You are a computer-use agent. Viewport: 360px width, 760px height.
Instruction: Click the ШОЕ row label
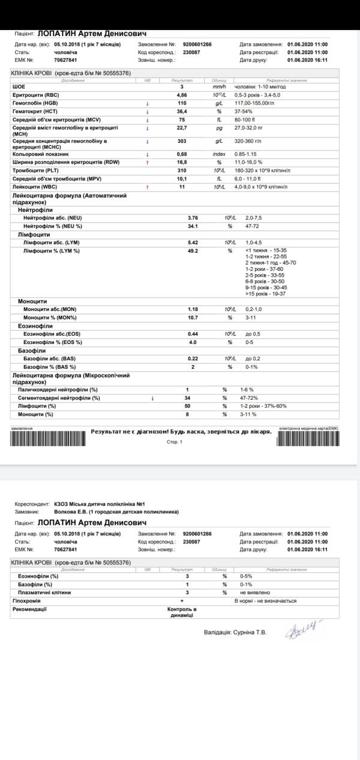(x=19, y=87)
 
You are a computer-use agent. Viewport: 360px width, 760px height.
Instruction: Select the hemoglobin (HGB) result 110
(x=182, y=103)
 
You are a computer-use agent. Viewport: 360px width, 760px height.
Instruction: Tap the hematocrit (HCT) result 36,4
(x=182, y=111)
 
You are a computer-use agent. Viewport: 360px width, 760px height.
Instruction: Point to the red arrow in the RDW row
(x=148, y=162)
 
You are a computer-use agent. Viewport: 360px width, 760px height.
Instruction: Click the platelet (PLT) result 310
(x=182, y=170)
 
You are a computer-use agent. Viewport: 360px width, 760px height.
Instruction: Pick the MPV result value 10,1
(x=182, y=178)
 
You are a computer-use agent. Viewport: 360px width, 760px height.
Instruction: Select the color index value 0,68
(x=182, y=154)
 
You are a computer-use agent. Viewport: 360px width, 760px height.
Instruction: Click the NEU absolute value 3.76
(x=193, y=217)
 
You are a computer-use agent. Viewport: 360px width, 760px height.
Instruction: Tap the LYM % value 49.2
(x=193, y=250)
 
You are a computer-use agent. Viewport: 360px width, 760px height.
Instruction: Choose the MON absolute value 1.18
(x=193, y=309)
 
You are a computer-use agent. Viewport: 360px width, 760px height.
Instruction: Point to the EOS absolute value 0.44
(x=193, y=333)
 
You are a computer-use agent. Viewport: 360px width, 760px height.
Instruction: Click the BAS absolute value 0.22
(x=193, y=358)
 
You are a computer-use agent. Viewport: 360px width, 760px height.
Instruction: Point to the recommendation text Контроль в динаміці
(x=182, y=612)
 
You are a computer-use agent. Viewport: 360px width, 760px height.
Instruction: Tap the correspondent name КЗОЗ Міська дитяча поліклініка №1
(x=100, y=504)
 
